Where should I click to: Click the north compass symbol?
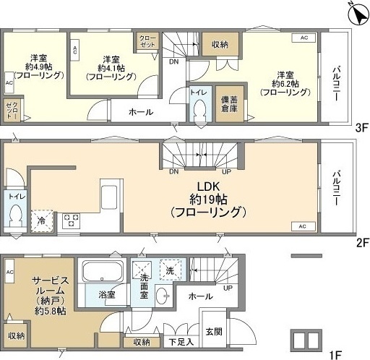[353, 13]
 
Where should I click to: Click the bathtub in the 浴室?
[100, 273]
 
